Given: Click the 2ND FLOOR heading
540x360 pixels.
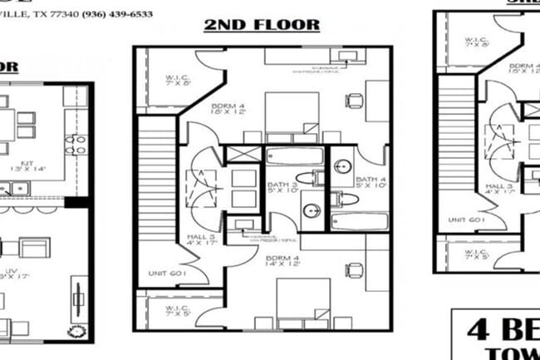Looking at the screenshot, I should coord(262,24).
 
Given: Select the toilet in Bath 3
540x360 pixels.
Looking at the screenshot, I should coord(315,176).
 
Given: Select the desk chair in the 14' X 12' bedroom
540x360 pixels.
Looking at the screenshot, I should coord(355,269).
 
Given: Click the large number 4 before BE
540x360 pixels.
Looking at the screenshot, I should coord(479,328).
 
